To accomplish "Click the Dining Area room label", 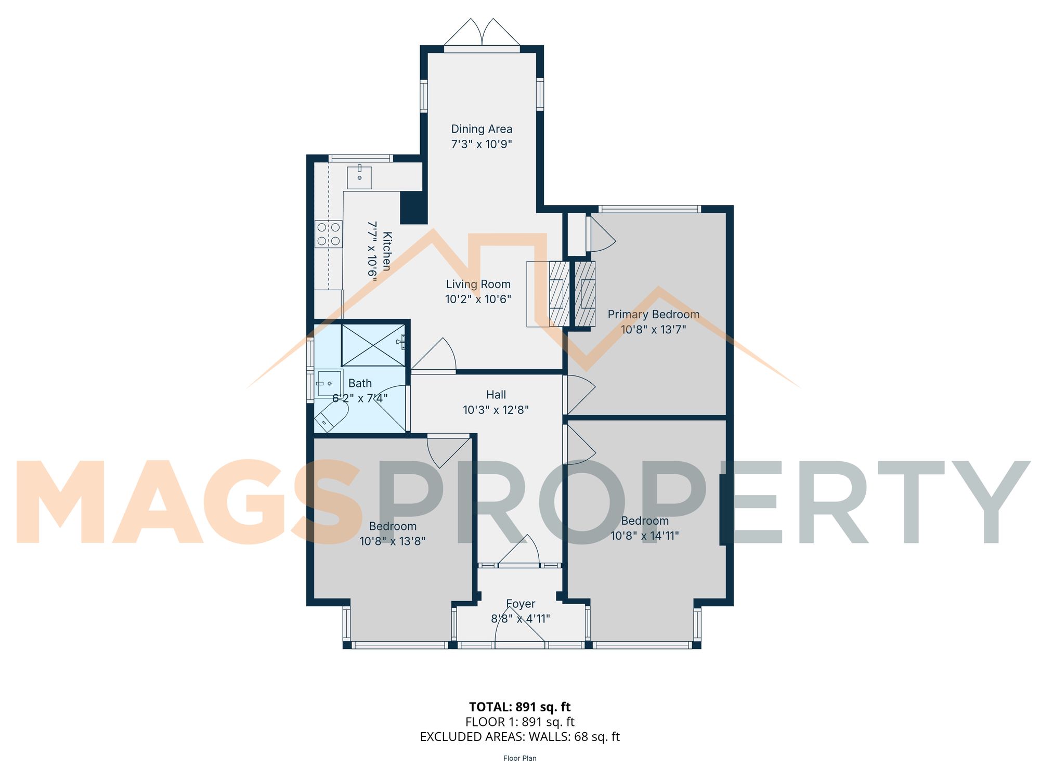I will click(482, 129).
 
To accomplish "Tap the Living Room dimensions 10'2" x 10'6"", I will click(478, 300).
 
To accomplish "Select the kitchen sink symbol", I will click(359, 177).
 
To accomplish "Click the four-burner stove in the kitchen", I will click(329, 234).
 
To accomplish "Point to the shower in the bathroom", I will click(373, 345).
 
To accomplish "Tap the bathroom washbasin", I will click(329, 383).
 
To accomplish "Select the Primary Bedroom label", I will click(653, 315).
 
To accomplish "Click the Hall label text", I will click(496, 395).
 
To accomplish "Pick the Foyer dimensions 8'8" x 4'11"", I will click(520, 619).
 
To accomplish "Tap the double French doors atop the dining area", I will click(482, 34).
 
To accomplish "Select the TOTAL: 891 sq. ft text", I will click(519, 707).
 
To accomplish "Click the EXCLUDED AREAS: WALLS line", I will click(519, 737).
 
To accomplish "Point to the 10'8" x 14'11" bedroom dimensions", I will click(644, 536).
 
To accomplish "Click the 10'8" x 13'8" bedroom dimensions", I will click(393, 541).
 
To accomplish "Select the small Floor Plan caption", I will click(519, 758).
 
